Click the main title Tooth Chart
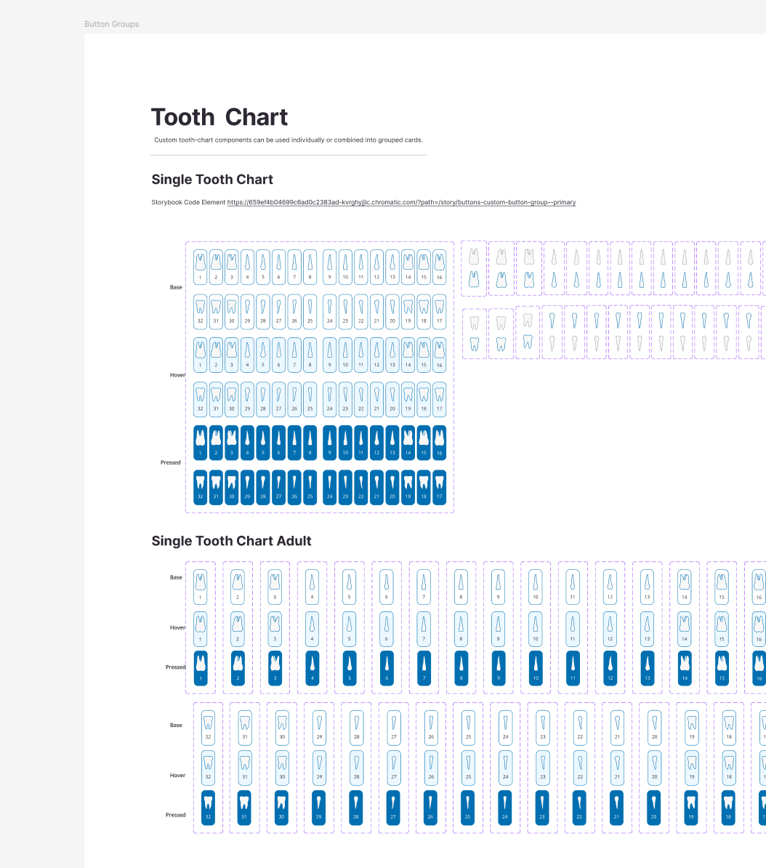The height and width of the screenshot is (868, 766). point(219,117)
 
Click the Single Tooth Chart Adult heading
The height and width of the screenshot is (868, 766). point(231,541)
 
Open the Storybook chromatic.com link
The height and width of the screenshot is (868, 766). point(401,202)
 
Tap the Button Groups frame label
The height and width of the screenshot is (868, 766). point(111,24)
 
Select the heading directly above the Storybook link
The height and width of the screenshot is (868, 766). point(212,180)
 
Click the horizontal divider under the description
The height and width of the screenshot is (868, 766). point(289,155)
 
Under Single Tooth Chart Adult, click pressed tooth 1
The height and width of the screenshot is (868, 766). point(201,668)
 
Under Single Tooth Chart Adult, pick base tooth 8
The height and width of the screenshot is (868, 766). point(461,587)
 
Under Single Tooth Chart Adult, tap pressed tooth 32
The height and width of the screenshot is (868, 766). point(209,807)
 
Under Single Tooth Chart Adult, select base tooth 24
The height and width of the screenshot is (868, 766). point(505,726)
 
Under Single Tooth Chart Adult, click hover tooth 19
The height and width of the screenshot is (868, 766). point(691,767)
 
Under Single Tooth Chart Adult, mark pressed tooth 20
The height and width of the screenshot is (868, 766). point(654,807)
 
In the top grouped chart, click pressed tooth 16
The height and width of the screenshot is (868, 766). point(439,443)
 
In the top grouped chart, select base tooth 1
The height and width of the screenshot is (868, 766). point(201,267)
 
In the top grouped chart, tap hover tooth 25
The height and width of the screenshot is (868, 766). point(310,399)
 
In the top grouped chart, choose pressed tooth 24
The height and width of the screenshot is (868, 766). point(330,487)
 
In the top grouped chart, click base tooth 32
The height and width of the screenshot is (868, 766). point(201,311)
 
